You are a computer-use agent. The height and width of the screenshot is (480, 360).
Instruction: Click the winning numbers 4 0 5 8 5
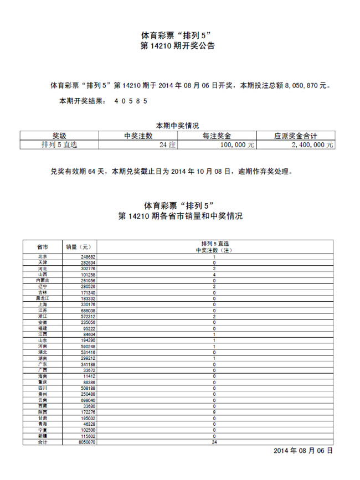(131, 102)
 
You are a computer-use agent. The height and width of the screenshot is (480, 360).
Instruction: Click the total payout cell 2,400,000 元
(312, 144)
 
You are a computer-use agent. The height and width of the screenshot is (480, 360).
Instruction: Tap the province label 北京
(42, 257)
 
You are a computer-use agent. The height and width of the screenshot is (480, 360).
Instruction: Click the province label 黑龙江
(42, 298)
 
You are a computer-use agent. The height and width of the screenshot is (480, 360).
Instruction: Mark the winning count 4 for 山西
(214, 275)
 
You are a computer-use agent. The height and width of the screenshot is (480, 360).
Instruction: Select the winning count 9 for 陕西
(214, 412)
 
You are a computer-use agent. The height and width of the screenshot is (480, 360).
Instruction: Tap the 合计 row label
(42, 442)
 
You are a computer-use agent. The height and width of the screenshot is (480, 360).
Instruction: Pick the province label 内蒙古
(42, 281)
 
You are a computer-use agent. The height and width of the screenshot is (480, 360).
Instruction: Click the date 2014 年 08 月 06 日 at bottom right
(304, 451)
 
